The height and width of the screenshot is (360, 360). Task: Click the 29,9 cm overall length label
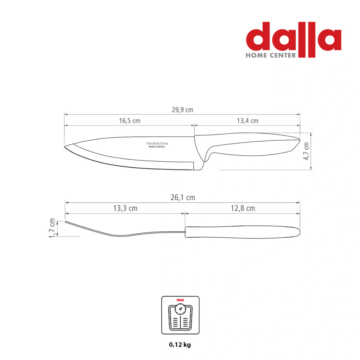point(182,110)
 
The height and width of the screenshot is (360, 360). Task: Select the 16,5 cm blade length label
point(129,121)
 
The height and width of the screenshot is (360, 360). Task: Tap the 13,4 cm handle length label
point(247,121)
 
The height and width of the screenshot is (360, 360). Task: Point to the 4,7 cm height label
point(306,151)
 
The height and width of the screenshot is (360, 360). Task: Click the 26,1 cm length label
point(183,198)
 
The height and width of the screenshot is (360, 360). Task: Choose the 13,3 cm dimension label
point(126,208)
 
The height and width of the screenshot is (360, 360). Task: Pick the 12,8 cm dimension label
point(243,208)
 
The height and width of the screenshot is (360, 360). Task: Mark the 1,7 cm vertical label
point(52,228)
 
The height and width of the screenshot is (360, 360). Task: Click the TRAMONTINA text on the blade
point(157,143)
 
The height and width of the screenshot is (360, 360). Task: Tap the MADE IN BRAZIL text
point(157,147)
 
